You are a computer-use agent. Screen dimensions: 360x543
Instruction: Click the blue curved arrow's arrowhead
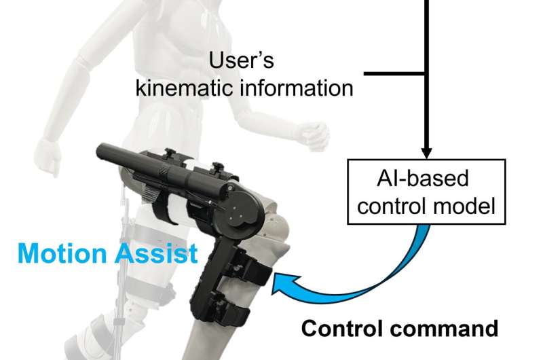280,283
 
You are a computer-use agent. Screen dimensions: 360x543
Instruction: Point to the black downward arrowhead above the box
426,150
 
